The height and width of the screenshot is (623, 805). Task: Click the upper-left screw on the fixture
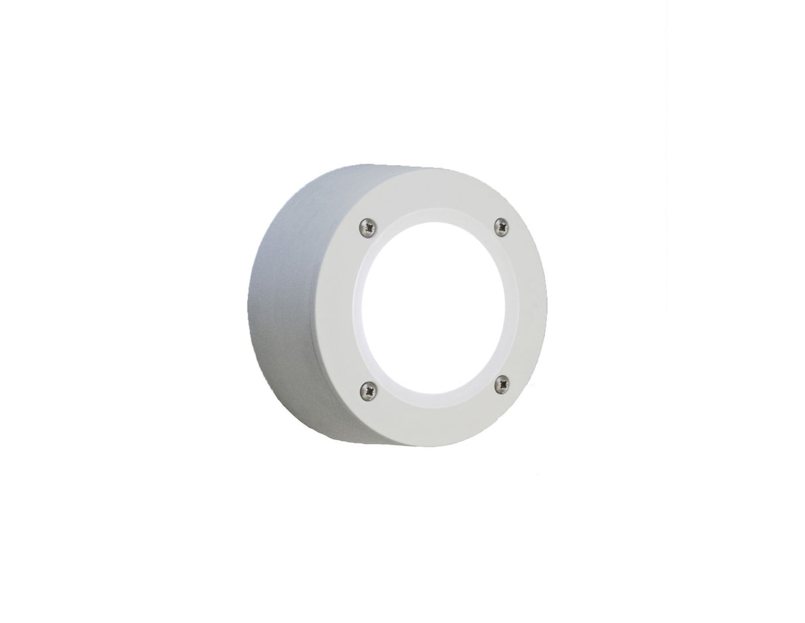(368, 227)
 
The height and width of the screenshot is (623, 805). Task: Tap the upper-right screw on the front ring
(502, 227)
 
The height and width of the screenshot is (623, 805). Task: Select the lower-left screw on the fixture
(368, 391)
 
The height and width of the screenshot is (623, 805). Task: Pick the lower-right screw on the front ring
(502, 383)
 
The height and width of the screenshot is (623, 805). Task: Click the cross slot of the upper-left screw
(368, 227)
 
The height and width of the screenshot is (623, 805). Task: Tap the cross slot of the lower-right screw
(502, 383)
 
